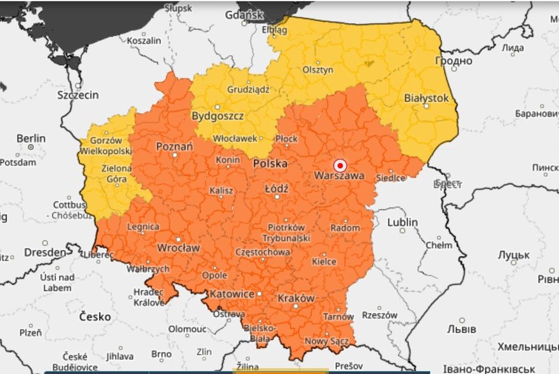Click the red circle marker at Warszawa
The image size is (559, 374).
point(340,165)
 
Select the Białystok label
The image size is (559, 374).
point(426,98)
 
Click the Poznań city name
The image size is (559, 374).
point(174,146)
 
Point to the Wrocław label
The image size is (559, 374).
point(178,247)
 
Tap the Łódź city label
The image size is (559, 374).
point(276,188)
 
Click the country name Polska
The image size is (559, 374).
point(270,163)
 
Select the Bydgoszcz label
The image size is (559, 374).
point(218,116)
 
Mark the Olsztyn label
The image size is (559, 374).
point(318,70)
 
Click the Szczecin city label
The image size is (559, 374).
point(78,95)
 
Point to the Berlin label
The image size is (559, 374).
point(31,139)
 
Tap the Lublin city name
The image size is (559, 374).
point(403,222)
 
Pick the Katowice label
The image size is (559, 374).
point(232,294)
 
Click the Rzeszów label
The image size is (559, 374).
point(379,315)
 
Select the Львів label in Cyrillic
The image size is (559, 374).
point(461,328)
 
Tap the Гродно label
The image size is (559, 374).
point(453,60)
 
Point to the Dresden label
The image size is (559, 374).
point(45,252)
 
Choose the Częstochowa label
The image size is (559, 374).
point(263,252)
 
